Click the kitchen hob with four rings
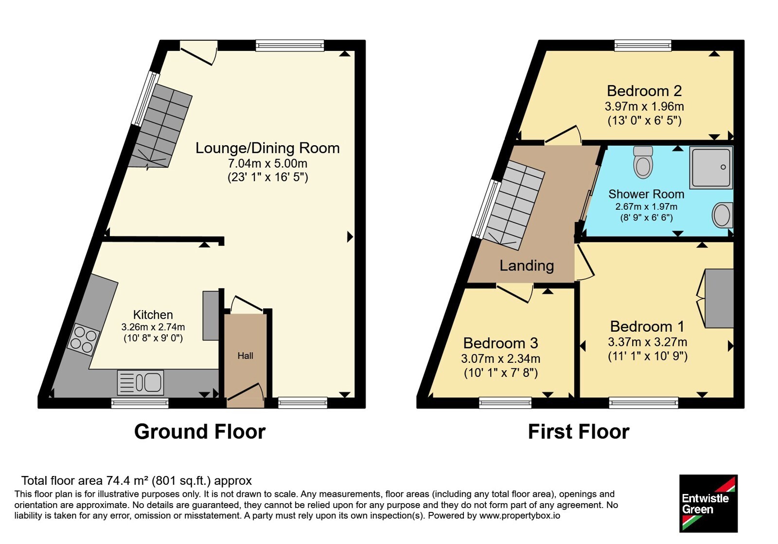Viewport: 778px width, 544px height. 83,340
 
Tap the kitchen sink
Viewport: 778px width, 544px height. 141,383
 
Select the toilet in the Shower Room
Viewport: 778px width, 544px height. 643,162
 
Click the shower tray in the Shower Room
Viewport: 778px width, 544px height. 711,168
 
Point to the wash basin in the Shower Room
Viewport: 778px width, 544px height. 723,215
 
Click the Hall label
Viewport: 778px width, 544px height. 245,356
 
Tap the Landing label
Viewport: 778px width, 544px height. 527,266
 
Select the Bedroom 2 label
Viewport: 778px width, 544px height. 644,91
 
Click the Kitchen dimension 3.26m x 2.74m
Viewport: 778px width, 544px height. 153,327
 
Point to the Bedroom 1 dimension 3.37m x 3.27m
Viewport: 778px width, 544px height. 647,342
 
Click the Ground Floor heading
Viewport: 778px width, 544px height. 200,432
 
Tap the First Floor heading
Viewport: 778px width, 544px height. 579,432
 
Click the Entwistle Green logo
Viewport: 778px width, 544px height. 708,503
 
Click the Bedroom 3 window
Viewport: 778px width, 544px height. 505,403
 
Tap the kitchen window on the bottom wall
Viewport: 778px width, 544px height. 140,403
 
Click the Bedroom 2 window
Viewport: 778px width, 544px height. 642,46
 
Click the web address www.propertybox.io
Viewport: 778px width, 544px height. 520,515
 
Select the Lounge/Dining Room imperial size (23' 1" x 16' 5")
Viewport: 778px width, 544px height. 268,177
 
